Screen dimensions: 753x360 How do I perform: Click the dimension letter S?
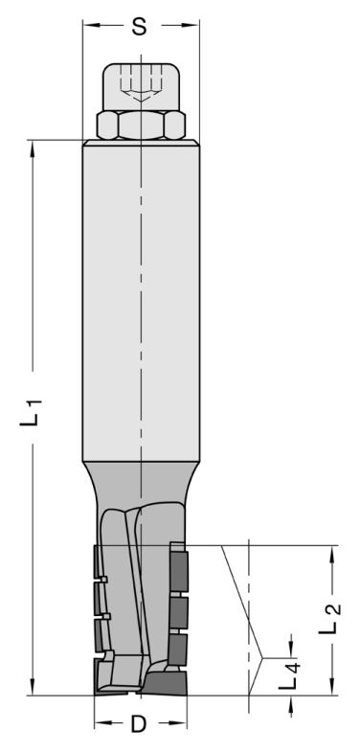pyautogui.click(x=139, y=28)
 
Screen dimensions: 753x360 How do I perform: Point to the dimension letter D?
pyautogui.click(x=139, y=725)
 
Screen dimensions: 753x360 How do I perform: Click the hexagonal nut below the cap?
pyautogui.click(x=140, y=125)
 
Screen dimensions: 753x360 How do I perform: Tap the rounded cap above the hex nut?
pyautogui.click(x=140, y=86)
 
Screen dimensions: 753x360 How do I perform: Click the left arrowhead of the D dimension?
pyautogui.click(x=100, y=725)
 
